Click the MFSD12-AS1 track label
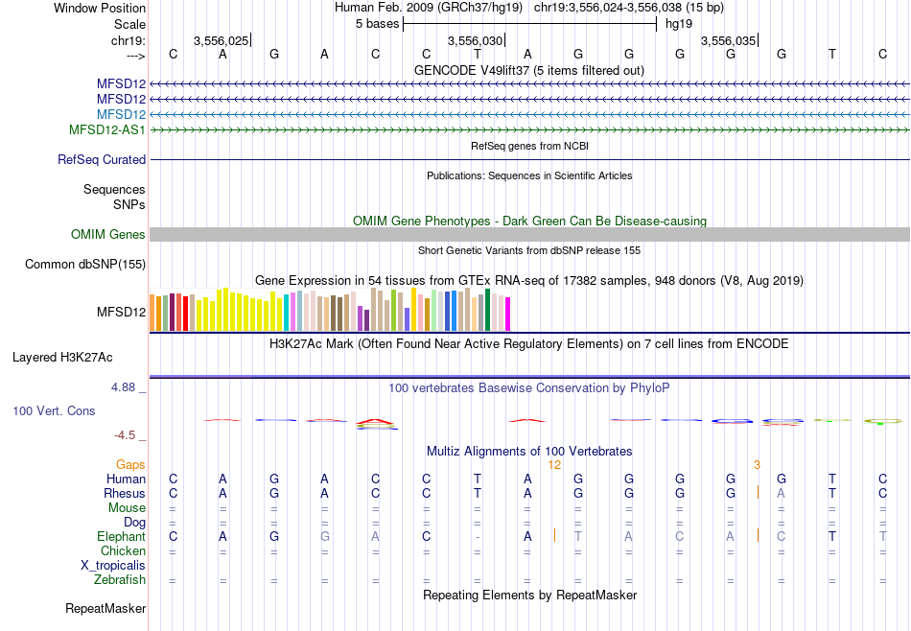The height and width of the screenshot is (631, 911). (x=107, y=129)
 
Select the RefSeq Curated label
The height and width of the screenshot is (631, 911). (x=102, y=160)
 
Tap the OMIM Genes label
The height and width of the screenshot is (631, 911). (x=108, y=234)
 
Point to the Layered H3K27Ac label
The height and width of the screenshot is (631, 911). (x=62, y=358)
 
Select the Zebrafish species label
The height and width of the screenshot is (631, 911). (x=120, y=580)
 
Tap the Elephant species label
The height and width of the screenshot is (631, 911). (x=121, y=537)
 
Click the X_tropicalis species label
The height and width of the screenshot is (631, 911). (x=113, y=566)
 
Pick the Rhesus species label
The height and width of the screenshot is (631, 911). (x=125, y=493)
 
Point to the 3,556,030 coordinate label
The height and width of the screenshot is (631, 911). (x=475, y=41)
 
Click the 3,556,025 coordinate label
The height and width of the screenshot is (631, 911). (x=221, y=41)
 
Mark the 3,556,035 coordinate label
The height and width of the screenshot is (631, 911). (x=728, y=41)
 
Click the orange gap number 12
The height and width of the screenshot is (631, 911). (x=554, y=464)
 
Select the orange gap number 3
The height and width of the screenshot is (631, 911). (x=757, y=464)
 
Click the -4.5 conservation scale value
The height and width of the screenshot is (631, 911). (x=126, y=435)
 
